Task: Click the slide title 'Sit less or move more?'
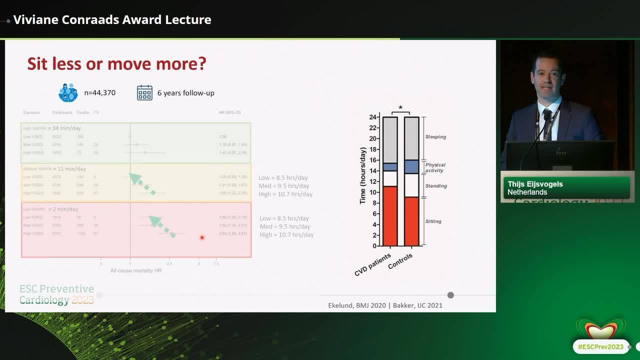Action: click(116, 64)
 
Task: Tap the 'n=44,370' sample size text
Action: click(99, 92)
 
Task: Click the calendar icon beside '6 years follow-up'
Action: click(144, 92)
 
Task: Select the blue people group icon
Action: click(68, 92)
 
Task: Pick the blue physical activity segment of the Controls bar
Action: click(411, 166)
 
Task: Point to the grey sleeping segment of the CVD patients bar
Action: click(390, 140)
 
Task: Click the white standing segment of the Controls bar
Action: click(411, 185)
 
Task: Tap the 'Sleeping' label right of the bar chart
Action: click(435, 136)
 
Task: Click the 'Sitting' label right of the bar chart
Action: click(433, 221)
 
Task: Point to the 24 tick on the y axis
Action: click(373, 117)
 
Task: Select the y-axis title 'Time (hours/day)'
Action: click(362, 175)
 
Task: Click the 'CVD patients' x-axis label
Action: click(373, 264)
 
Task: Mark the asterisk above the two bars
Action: click(400, 108)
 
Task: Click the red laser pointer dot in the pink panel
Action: click(202, 237)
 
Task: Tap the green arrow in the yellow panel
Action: click(142, 183)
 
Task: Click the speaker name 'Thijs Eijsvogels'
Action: click(535, 184)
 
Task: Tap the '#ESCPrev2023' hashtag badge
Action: click(600, 346)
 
